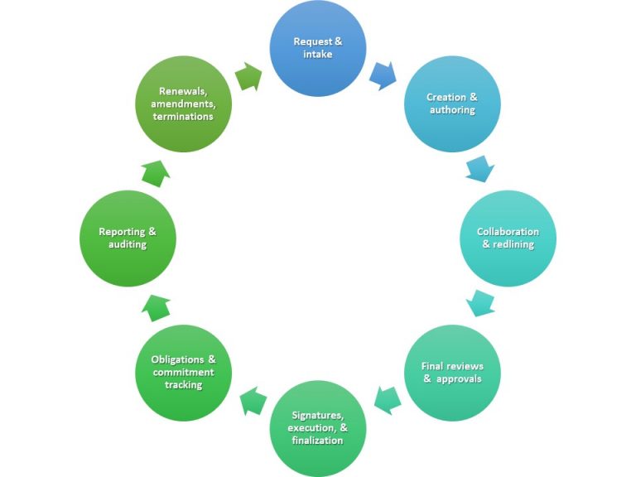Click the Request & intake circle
pyautogui.click(x=318, y=47)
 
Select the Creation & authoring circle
pyautogui.click(x=451, y=104)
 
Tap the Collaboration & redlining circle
pyautogui.click(x=508, y=238)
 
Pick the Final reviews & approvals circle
pyautogui.click(x=452, y=373)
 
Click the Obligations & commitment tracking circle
pyautogui.click(x=183, y=373)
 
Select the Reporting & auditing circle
pyautogui.click(x=128, y=238)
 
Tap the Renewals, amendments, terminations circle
pyautogui.click(x=183, y=104)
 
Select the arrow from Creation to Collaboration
pyautogui.click(x=480, y=169)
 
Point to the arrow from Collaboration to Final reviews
pyautogui.click(x=481, y=303)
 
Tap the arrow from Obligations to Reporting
pyautogui.click(x=156, y=307)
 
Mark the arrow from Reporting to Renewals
pyautogui.click(x=156, y=173)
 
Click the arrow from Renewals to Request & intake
pyautogui.click(x=249, y=78)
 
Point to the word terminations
pyautogui.click(x=183, y=117)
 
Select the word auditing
pyautogui.click(x=128, y=244)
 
